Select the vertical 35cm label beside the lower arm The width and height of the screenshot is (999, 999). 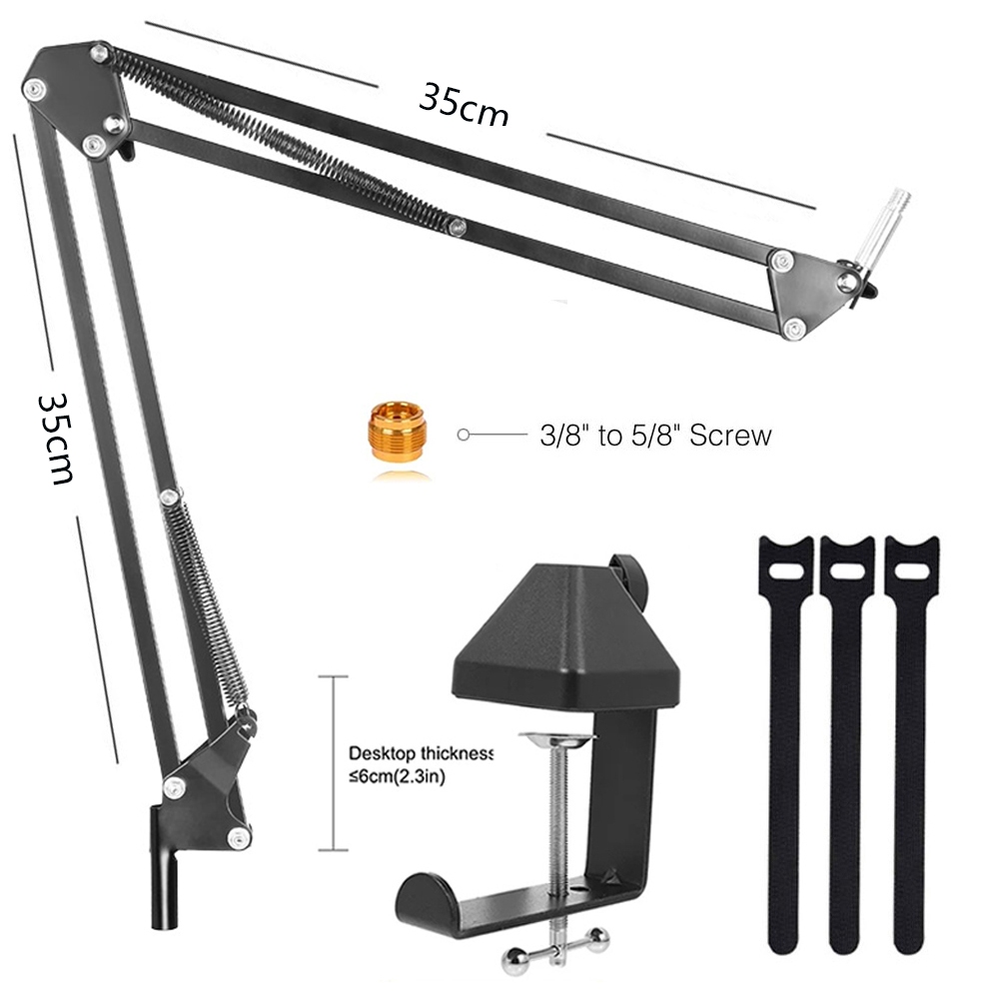(x=56, y=440)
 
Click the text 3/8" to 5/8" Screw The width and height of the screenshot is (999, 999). (x=655, y=436)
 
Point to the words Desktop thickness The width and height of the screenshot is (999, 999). (x=422, y=753)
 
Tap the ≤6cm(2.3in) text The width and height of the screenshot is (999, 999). (x=397, y=777)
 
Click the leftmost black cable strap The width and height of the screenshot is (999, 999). (x=785, y=745)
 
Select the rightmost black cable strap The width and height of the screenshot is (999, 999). (x=911, y=745)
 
